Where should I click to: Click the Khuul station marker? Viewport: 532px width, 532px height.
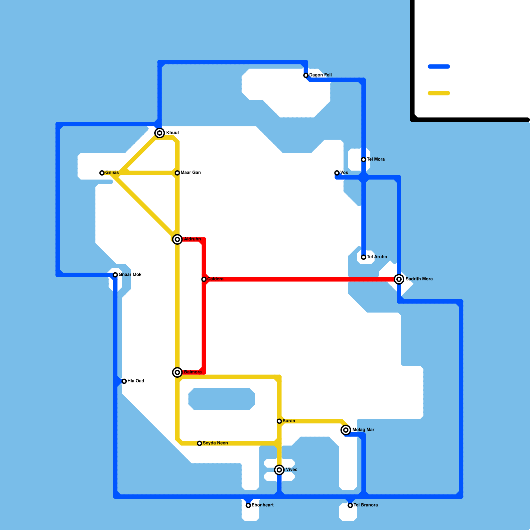coord(160,133)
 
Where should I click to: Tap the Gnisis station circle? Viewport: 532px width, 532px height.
coord(102,173)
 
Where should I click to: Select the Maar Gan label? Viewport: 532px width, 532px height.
coord(191,173)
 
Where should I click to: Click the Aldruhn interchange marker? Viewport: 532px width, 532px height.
coord(178,239)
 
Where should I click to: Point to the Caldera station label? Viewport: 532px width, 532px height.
coord(215,279)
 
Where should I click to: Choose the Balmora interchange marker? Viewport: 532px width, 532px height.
coord(178,372)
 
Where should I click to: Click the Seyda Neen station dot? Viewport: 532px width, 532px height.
coord(199,443)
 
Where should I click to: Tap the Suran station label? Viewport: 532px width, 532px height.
coord(289,421)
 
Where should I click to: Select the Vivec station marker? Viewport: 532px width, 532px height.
coord(280,470)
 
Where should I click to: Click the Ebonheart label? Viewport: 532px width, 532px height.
coord(262,505)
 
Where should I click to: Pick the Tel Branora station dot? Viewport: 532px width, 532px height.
coord(350,505)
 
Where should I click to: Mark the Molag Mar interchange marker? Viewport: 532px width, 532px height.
coord(346,430)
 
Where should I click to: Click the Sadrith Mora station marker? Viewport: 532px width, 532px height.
coord(399,279)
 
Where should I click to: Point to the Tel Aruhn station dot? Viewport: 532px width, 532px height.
coord(364,257)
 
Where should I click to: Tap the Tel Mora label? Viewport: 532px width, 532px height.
coord(376,159)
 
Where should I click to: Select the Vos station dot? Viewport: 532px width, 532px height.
coord(337,173)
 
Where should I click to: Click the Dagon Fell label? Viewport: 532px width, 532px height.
coord(321,75)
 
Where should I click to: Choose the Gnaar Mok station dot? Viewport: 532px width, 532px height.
coord(115,275)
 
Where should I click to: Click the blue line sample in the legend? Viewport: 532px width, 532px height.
coord(439,66)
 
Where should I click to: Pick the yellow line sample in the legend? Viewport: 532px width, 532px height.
coord(439,93)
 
